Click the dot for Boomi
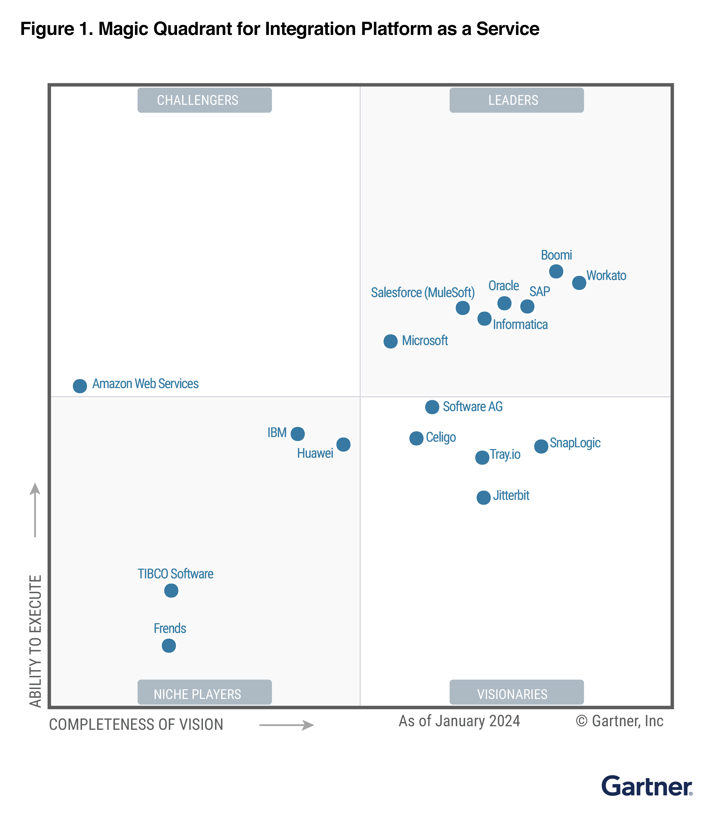(556, 272)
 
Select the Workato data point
(579, 283)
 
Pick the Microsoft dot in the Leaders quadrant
(390, 341)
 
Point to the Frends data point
(169, 646)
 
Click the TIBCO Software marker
(171, 590)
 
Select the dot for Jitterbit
(483, 498)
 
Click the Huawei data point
(343, 444)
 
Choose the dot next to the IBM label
(297, 433)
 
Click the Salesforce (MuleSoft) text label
(423, 293)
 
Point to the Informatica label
(520, 325)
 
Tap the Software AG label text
(472, 407)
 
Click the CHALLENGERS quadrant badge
(205, 100)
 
